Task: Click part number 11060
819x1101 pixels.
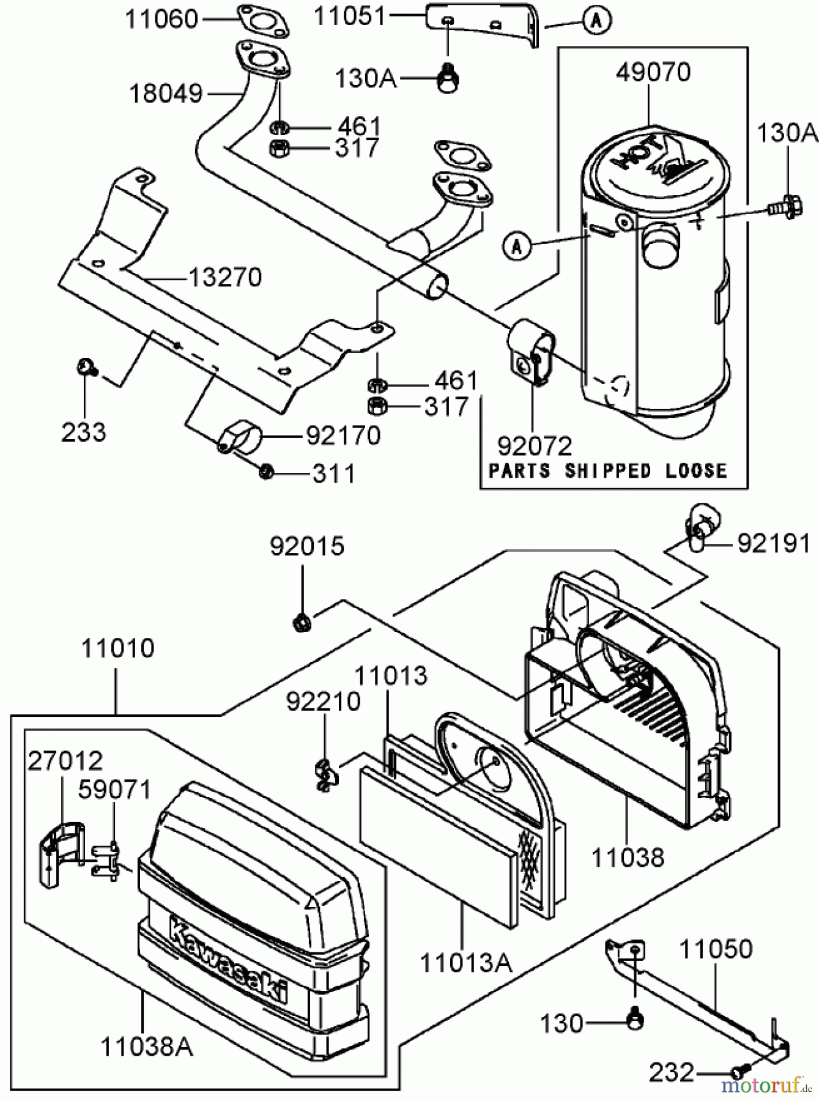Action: click(x=161, y=20)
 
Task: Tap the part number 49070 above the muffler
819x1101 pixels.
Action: click(x=653, y=72)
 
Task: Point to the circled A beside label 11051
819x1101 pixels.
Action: click(x=596, y=21)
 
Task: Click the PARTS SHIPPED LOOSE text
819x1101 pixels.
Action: click(x=608, y=470)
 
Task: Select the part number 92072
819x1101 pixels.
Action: click(x=534, y=447)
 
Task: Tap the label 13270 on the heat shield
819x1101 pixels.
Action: click(x=224, y=278)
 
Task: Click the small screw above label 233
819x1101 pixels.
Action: click(x=84, y=367)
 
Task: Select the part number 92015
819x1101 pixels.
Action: click(x=307, y=546)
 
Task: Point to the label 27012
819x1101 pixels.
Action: click(x=65, y=761)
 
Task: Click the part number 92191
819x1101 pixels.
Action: click(x=773, y=543)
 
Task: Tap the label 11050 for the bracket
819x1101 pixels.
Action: click(x=716, y=949)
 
